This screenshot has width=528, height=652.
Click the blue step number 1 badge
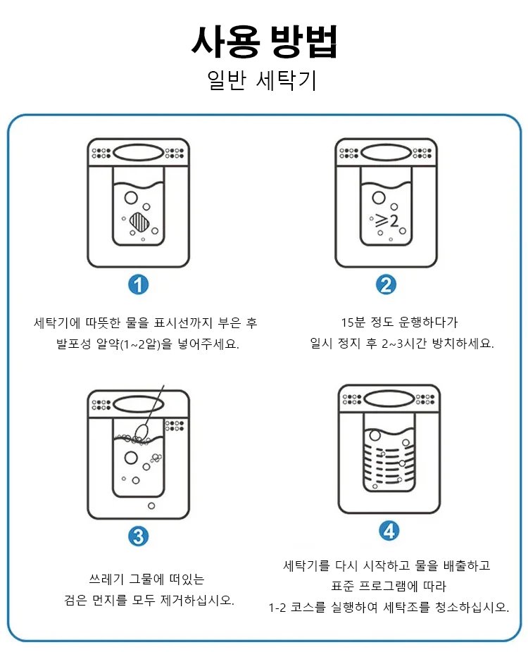pyautogui.click(x=139, y=284)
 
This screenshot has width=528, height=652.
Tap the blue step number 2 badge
pyautogui.click(x=386, y=284)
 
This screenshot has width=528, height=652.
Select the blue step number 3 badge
pyautogui.click(x=139, y=536)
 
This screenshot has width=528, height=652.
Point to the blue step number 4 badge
pyautogui.click(x=389, y=529)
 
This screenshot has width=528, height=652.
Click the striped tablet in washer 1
pyautogui.click(x=141, y=223)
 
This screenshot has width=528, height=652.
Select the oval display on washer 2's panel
pyautogui.click(x=386, y=152)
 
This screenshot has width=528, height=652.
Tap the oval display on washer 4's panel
pyautogui.click(x=389, y=399)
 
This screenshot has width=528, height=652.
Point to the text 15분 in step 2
pyautogui.click(x=353, y=322)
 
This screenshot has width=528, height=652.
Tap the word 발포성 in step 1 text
pyautogui.click(x=75, y=345)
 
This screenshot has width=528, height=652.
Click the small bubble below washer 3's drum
pyautogui.click(x=151, y=506)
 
